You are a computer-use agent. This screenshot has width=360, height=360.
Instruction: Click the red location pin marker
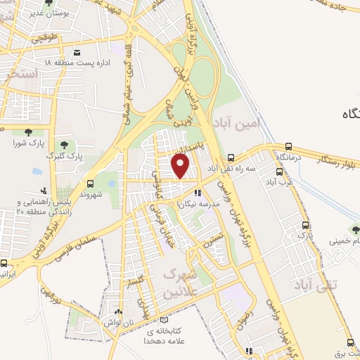(181, 166)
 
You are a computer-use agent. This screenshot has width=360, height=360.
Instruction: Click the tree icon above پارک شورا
(28, 132)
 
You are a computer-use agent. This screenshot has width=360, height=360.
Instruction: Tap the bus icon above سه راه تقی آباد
(231, 158)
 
